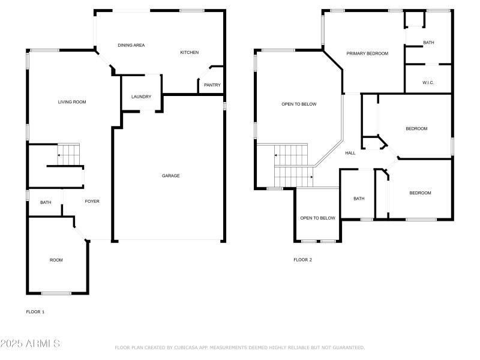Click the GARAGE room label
170,176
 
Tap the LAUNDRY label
141,97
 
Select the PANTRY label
212,85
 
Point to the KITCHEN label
190,53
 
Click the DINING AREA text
131,46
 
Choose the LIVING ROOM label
72,102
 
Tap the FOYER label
92,202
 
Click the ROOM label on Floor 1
56,260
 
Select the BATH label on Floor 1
46,203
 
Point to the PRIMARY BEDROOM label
367,54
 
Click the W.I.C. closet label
428,83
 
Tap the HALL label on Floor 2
350,153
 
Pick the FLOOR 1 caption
35,312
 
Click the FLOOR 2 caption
302,260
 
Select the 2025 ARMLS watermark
30,344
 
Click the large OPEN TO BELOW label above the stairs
299,104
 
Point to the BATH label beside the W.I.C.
428,43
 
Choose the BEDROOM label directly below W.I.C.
416,129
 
